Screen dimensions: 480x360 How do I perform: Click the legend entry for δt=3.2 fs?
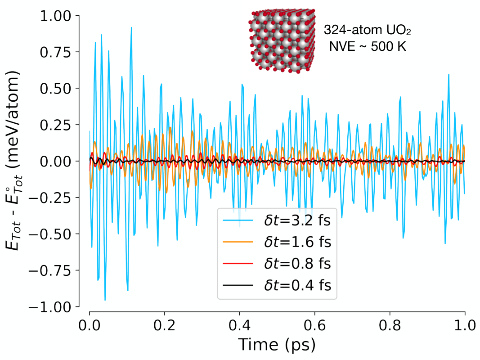[x=277, y=220]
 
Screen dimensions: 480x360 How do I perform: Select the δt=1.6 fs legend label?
[x=297, y=242]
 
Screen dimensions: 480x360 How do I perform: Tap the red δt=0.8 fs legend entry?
[x=277, y=264]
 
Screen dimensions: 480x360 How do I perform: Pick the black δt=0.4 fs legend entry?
[x=277, y=285]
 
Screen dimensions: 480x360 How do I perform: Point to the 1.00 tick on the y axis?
[x=55, y=16]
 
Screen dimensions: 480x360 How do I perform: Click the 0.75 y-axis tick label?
[x=55, y=52]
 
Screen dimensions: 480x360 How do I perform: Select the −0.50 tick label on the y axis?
[x=50, y=234]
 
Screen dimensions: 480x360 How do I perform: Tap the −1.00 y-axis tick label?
[x=50, y=307]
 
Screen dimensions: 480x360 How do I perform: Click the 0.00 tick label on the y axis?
[x=55, y=162]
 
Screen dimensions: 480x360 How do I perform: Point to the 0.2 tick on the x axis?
[x=164, y=325]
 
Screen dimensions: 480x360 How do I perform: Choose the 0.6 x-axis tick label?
[x=315, y=325]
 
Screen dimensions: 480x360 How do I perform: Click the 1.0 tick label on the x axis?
[x=465, y=325]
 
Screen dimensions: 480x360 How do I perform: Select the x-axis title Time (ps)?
[x=277, y=345]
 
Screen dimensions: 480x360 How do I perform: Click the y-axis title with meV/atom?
[x=13, y=161]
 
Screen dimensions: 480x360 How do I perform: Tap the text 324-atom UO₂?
[x=368, y=30]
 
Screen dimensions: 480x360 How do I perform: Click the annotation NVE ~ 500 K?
[x=368, y=46]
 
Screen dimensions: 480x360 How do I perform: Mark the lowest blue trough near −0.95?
[x=105, y=300]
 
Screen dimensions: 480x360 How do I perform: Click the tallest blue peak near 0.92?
[x=131, y=27]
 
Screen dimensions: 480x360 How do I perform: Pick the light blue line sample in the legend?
[x=238, y=220]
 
